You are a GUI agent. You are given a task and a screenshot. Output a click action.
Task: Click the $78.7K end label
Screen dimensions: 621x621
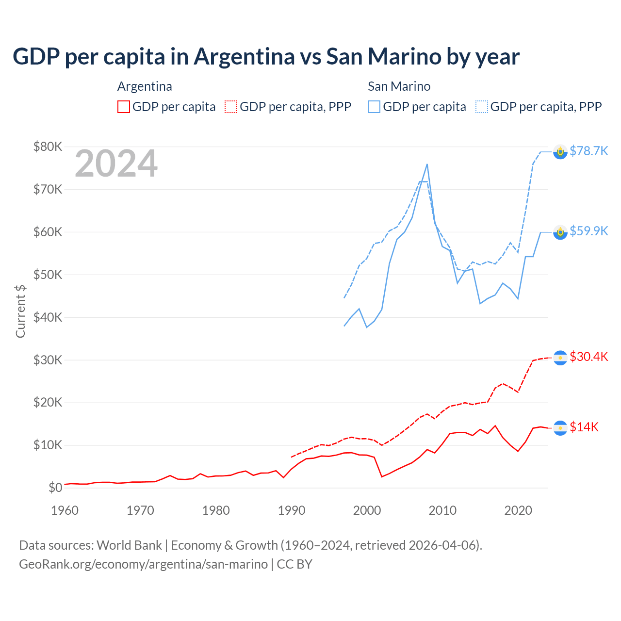tap(588, 151)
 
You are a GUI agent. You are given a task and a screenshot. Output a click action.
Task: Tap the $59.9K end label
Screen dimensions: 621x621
tap(588, 231)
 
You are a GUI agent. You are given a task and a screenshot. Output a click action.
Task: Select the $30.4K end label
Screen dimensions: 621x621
tap(588, 357)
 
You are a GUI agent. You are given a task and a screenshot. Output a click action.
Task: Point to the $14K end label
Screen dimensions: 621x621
tap(584, 427)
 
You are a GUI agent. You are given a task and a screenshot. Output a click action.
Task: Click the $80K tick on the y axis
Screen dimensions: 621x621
tap(48, 147)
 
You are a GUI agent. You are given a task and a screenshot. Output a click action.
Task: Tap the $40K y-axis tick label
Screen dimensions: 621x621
tap(48, 317)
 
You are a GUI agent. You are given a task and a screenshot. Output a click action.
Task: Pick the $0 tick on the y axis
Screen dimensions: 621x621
tap(55, 488)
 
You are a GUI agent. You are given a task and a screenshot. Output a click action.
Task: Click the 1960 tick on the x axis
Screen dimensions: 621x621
tap(65, 510)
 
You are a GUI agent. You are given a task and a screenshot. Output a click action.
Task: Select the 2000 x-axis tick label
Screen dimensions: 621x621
tap(367, 510)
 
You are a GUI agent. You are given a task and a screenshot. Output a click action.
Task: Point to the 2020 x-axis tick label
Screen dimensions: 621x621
tap(518, 510)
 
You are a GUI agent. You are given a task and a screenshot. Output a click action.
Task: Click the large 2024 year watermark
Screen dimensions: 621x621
tap(116, 163)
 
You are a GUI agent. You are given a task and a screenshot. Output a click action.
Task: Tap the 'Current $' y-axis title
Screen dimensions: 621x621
tap(20, 311)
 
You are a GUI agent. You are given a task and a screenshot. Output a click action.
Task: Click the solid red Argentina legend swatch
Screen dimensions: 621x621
tap(124, 107)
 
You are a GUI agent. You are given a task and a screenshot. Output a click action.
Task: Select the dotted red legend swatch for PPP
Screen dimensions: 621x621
tap(231, 107)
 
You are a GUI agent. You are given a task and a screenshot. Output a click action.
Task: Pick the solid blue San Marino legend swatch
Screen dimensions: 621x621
tap(374, 107)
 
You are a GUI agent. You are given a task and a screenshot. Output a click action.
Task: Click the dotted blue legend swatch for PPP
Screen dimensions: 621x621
tap(482, 107)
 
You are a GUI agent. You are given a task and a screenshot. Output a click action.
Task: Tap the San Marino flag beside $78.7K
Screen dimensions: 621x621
tap(560, 152)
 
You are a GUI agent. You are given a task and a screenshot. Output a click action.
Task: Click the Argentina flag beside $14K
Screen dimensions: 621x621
tap(560, 428)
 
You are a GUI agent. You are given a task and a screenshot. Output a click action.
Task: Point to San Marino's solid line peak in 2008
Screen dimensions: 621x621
tap(427, 164)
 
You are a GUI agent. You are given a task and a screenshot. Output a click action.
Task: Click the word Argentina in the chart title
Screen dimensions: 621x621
tap(244, 57)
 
